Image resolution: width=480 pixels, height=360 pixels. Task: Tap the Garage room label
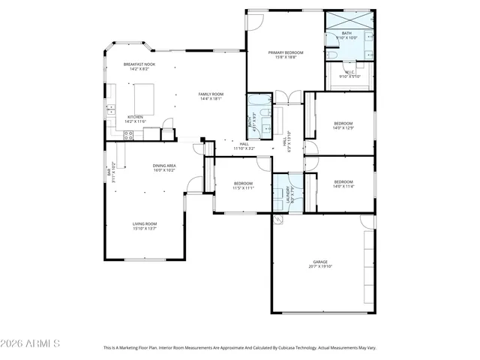coord(322,262)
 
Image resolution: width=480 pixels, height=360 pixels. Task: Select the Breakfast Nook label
coord(139,65)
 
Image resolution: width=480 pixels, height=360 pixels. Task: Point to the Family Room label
coord(210,94)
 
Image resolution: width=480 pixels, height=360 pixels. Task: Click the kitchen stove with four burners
coord(128,135)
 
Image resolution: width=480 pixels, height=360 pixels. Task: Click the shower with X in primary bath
coord(349,20)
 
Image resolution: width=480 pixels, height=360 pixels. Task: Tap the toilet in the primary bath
coord(331,55)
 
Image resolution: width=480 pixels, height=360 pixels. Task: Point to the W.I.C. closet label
coord(349,73)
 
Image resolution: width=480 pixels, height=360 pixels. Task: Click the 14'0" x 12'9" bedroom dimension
coord(343,127)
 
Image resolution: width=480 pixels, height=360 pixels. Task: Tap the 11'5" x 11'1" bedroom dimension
coord(243,187)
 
